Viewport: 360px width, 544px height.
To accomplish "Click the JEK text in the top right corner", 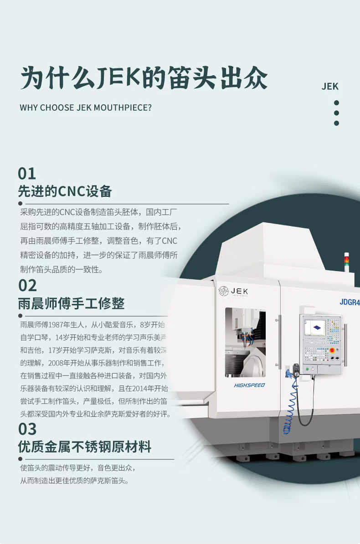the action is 330,87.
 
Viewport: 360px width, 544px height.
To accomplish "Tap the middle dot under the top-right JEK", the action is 336,113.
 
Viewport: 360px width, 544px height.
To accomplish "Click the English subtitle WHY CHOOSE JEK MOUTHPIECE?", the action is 86,108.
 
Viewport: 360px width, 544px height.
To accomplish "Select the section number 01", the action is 27,174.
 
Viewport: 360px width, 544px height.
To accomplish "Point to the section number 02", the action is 27,286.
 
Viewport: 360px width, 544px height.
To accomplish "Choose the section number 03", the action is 27,429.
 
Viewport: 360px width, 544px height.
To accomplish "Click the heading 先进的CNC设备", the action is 65,191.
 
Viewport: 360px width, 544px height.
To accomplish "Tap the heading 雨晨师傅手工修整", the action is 71,303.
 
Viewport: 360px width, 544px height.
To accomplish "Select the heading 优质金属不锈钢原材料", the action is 85,447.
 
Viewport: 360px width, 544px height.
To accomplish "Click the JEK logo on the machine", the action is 233,291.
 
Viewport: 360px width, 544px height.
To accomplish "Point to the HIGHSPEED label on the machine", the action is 249,385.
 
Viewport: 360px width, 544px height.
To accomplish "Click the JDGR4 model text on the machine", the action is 350,302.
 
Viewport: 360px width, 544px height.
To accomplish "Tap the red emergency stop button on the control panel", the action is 332,350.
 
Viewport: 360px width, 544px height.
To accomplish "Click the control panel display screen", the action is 315,328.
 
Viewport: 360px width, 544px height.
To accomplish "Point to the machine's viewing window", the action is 245,343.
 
